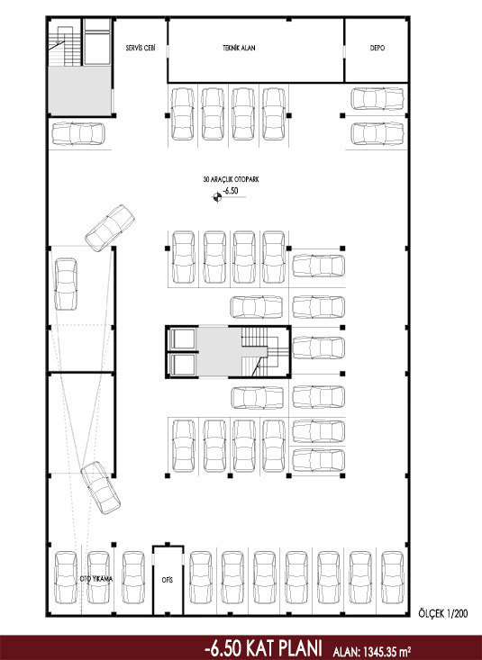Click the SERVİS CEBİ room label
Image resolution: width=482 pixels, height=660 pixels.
coord(141,48)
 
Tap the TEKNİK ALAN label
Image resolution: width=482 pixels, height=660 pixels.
coord(239,48)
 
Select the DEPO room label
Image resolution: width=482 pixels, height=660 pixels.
coord(377,48)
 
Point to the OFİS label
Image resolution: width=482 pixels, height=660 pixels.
coord(168,580)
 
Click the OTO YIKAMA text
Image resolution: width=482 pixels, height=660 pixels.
coord(96,579)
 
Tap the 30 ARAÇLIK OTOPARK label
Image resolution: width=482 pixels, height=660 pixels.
coord(231,179)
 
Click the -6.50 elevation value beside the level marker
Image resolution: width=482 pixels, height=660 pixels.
coord(230,191)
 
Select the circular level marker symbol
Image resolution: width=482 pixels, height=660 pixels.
coord(217,196)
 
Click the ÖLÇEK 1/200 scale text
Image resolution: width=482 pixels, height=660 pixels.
coord(443,613)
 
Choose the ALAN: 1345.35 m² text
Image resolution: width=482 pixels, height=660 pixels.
coord(372,652)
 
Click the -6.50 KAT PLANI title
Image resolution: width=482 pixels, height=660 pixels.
coord(263,648)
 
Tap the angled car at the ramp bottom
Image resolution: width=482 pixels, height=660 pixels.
coord(100,488)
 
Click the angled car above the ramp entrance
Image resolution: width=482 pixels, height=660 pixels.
coord(110,228)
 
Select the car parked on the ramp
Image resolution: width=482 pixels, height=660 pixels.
coord(66,284)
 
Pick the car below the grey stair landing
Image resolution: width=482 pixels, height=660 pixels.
coord(78,133)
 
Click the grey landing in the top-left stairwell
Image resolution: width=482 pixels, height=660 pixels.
coord(80,91)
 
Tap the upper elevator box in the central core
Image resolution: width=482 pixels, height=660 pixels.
coord(182,339)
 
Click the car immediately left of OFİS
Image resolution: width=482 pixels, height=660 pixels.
coord(133,577)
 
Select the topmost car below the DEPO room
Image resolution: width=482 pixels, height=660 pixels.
coord(377,98)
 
